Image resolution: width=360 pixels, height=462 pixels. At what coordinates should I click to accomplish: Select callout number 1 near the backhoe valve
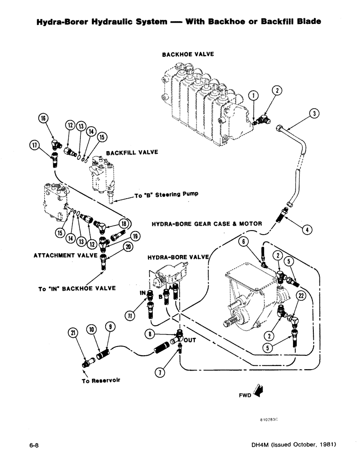tap(253, 96)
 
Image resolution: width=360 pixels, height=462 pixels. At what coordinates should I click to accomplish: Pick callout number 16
tap(44, 118)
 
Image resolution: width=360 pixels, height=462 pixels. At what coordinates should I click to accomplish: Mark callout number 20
tap(129, 247)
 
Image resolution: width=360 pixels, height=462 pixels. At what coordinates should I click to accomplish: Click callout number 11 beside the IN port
tap(131, 315)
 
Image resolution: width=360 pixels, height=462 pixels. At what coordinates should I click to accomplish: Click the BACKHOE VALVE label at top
tap(188, 54)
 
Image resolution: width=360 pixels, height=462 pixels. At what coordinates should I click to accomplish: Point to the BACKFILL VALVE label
tap(132, 152)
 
